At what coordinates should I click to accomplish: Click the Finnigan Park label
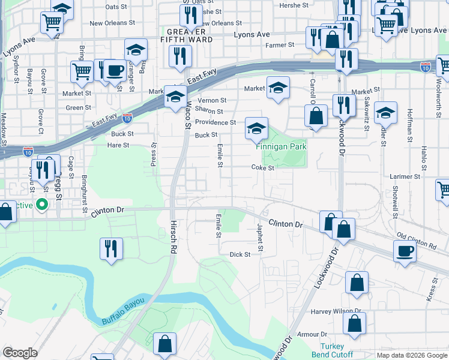(x=281, y=146)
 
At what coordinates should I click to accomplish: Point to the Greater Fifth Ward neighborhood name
(x=190, y=35)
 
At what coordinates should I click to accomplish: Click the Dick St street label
(x=240, y=254)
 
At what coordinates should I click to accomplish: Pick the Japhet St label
(x=261, y=238)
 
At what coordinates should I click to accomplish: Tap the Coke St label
(x=262, y=168)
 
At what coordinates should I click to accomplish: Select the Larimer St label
(x=405, y=177)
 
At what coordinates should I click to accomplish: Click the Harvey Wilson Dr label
(x=336, y=311)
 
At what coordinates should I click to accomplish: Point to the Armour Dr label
(x=315, y=334)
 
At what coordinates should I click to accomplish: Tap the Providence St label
(x=215, y=122)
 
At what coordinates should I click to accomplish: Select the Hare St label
(x=118, y=145)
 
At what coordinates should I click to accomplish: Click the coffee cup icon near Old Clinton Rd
(x=405, y=251)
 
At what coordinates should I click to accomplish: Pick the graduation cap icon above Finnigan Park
(x=256, y=128)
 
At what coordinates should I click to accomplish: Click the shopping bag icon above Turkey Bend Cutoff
(x=354, y=322)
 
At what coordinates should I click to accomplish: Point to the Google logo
(x=20, y=353)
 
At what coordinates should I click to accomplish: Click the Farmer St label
(x=280, y=44)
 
